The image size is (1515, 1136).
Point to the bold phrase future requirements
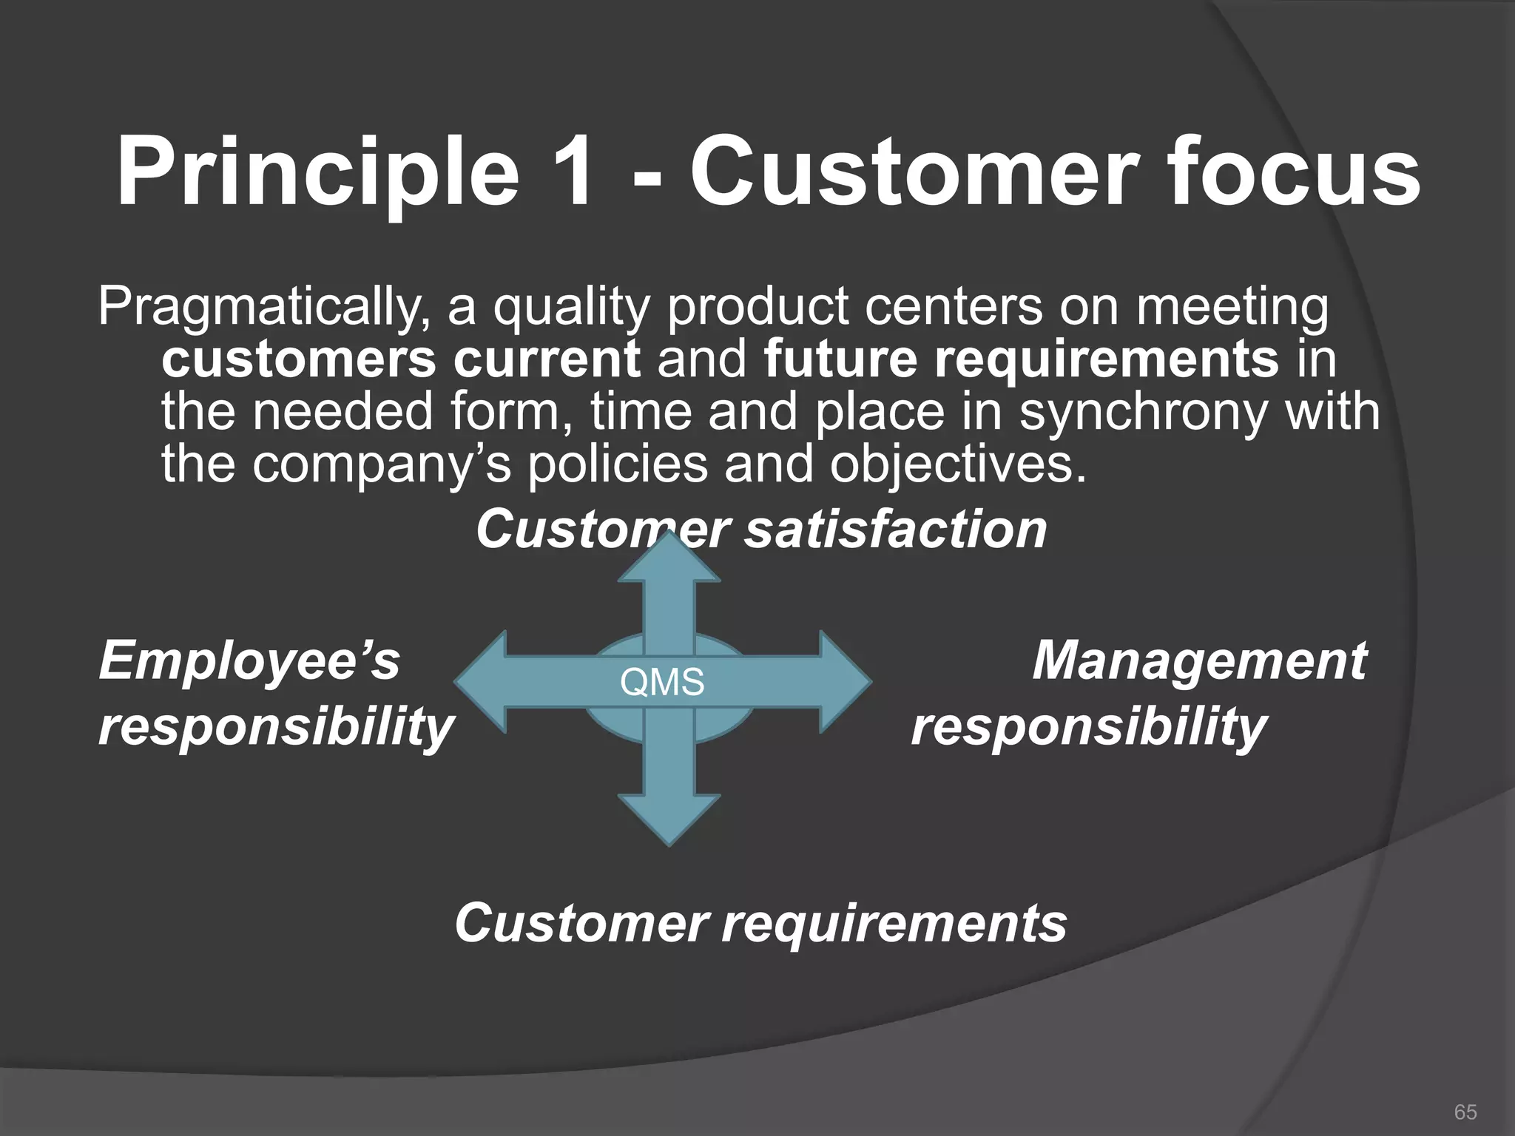(x=1021, y=360)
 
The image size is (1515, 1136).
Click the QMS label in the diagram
(x=662, y=683)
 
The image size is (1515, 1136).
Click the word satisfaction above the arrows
(x=895, y=530)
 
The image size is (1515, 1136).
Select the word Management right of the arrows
(x=1198, y=660)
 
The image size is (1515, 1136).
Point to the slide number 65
(x=1465, y=1112)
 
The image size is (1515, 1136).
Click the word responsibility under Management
(x=1089, y=727)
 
